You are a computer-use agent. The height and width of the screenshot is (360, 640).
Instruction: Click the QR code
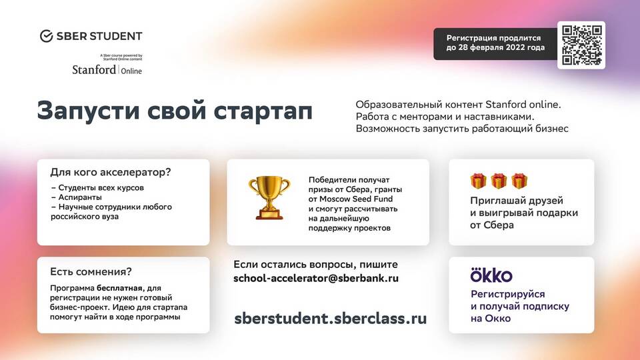tap(581, 45)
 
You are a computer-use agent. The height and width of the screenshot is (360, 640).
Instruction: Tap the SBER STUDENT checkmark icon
tap(46, 36)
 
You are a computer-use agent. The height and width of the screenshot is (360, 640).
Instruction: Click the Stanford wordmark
tap(94, 70)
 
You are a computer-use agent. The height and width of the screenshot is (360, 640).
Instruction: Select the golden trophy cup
tap(269, 197)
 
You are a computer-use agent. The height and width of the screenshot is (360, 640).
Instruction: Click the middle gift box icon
tap(499, 181)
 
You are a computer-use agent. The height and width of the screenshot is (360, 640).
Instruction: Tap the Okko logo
tap(491, 275)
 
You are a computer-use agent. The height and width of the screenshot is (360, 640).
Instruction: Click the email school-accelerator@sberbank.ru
tap(316, 279)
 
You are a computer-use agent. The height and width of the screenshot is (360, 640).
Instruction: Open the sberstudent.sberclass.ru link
tap(330, 319)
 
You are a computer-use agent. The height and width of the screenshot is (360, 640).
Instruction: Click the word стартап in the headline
tap(263, 111)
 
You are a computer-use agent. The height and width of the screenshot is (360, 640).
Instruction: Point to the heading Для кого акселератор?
tap(111, 172)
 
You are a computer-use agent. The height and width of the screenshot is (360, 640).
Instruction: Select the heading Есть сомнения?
tap(91, 271)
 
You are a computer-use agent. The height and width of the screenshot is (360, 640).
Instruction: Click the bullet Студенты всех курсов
tap(101, 188)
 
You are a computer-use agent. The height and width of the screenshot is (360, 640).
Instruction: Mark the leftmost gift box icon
tap(478, 181)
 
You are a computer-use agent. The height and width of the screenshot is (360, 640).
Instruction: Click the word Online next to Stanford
tap(131, 71)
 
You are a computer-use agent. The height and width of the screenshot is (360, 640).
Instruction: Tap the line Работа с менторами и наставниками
tap(445, 117)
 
